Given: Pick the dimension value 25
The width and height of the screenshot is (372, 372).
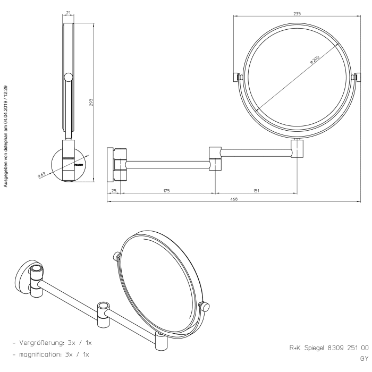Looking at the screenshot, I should pos(114,190).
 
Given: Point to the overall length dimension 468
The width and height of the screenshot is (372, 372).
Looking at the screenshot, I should pos(234,199).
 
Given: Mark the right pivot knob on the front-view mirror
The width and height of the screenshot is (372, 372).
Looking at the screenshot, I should pos(357,78).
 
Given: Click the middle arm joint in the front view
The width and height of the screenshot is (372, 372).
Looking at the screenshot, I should pos(215,158).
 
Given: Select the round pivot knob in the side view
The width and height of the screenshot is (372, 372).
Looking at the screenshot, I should pos(67,78).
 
